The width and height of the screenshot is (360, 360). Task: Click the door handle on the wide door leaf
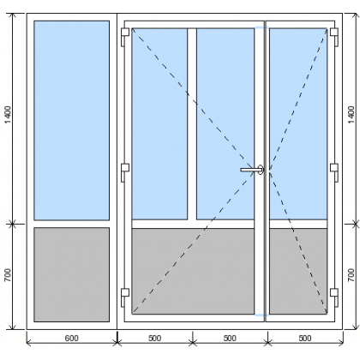[252, 170]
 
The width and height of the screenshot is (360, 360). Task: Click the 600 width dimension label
[71, 339]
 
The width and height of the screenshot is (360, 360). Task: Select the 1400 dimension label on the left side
[8, 115]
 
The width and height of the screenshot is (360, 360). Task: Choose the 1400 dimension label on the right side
[351, 115]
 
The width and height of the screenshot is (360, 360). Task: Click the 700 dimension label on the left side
[8, 275]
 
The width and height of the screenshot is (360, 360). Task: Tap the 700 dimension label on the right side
[351, 275]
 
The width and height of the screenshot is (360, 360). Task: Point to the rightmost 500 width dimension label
[305, 339]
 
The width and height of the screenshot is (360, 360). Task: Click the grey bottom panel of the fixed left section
[72, 274]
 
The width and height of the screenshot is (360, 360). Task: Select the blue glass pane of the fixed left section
[72, 120]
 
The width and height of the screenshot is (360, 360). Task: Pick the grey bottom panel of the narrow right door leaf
[298, 271]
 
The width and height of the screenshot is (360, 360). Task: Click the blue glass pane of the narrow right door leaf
[298, 123]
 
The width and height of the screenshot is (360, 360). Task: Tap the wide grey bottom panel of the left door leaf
[193, 271]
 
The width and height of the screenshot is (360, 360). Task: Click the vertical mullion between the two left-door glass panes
[192, 123]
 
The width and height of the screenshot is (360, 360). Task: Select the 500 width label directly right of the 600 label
[154, 339]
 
